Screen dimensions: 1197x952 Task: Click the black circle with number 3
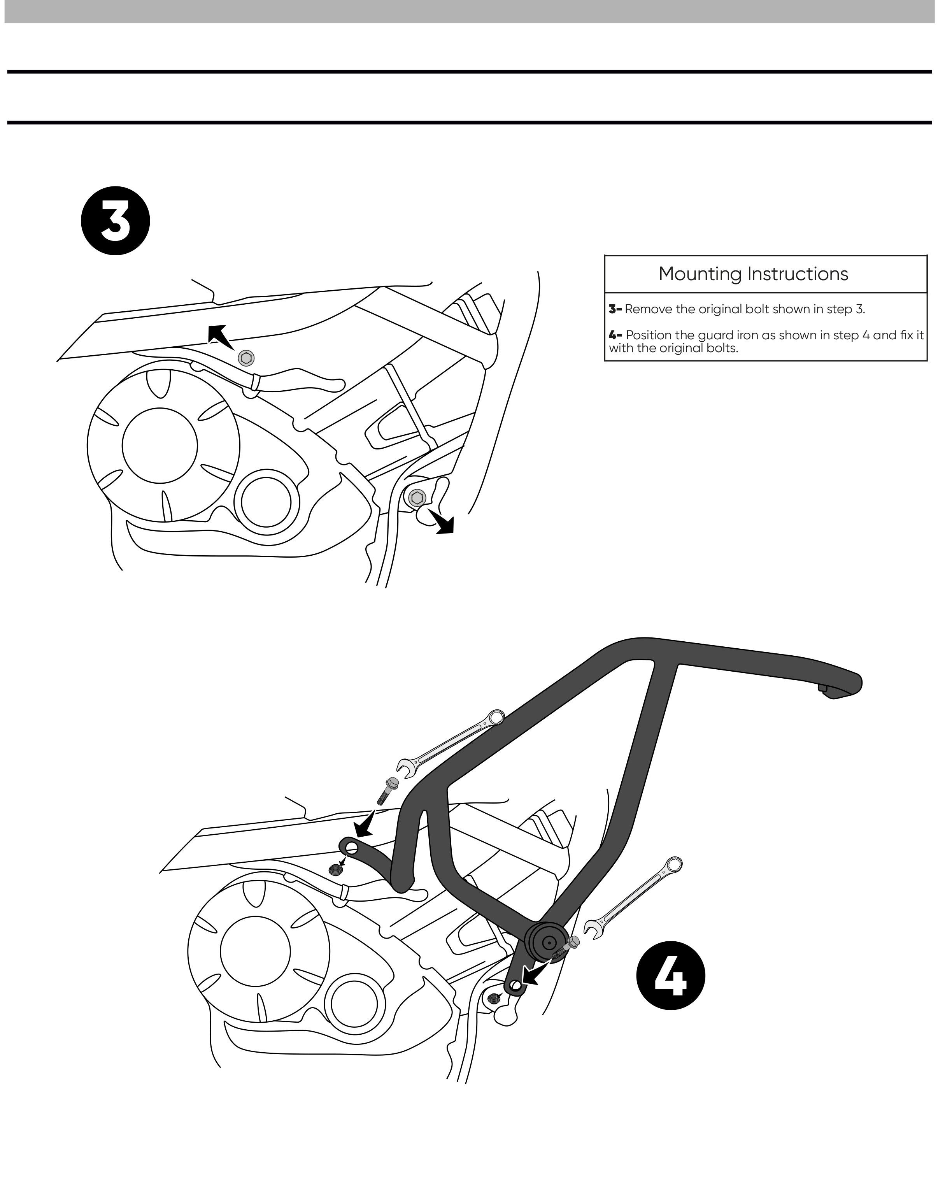click(x=116, y=220)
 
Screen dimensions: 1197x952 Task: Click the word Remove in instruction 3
click(x=644, y=309)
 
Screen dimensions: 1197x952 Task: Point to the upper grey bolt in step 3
click(x=246, y=358)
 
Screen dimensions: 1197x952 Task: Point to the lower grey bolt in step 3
click(x=417, y=497)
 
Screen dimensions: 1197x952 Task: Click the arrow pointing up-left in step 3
click(x=219, y=335)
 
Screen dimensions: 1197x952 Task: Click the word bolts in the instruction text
click(x=721, y=349)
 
